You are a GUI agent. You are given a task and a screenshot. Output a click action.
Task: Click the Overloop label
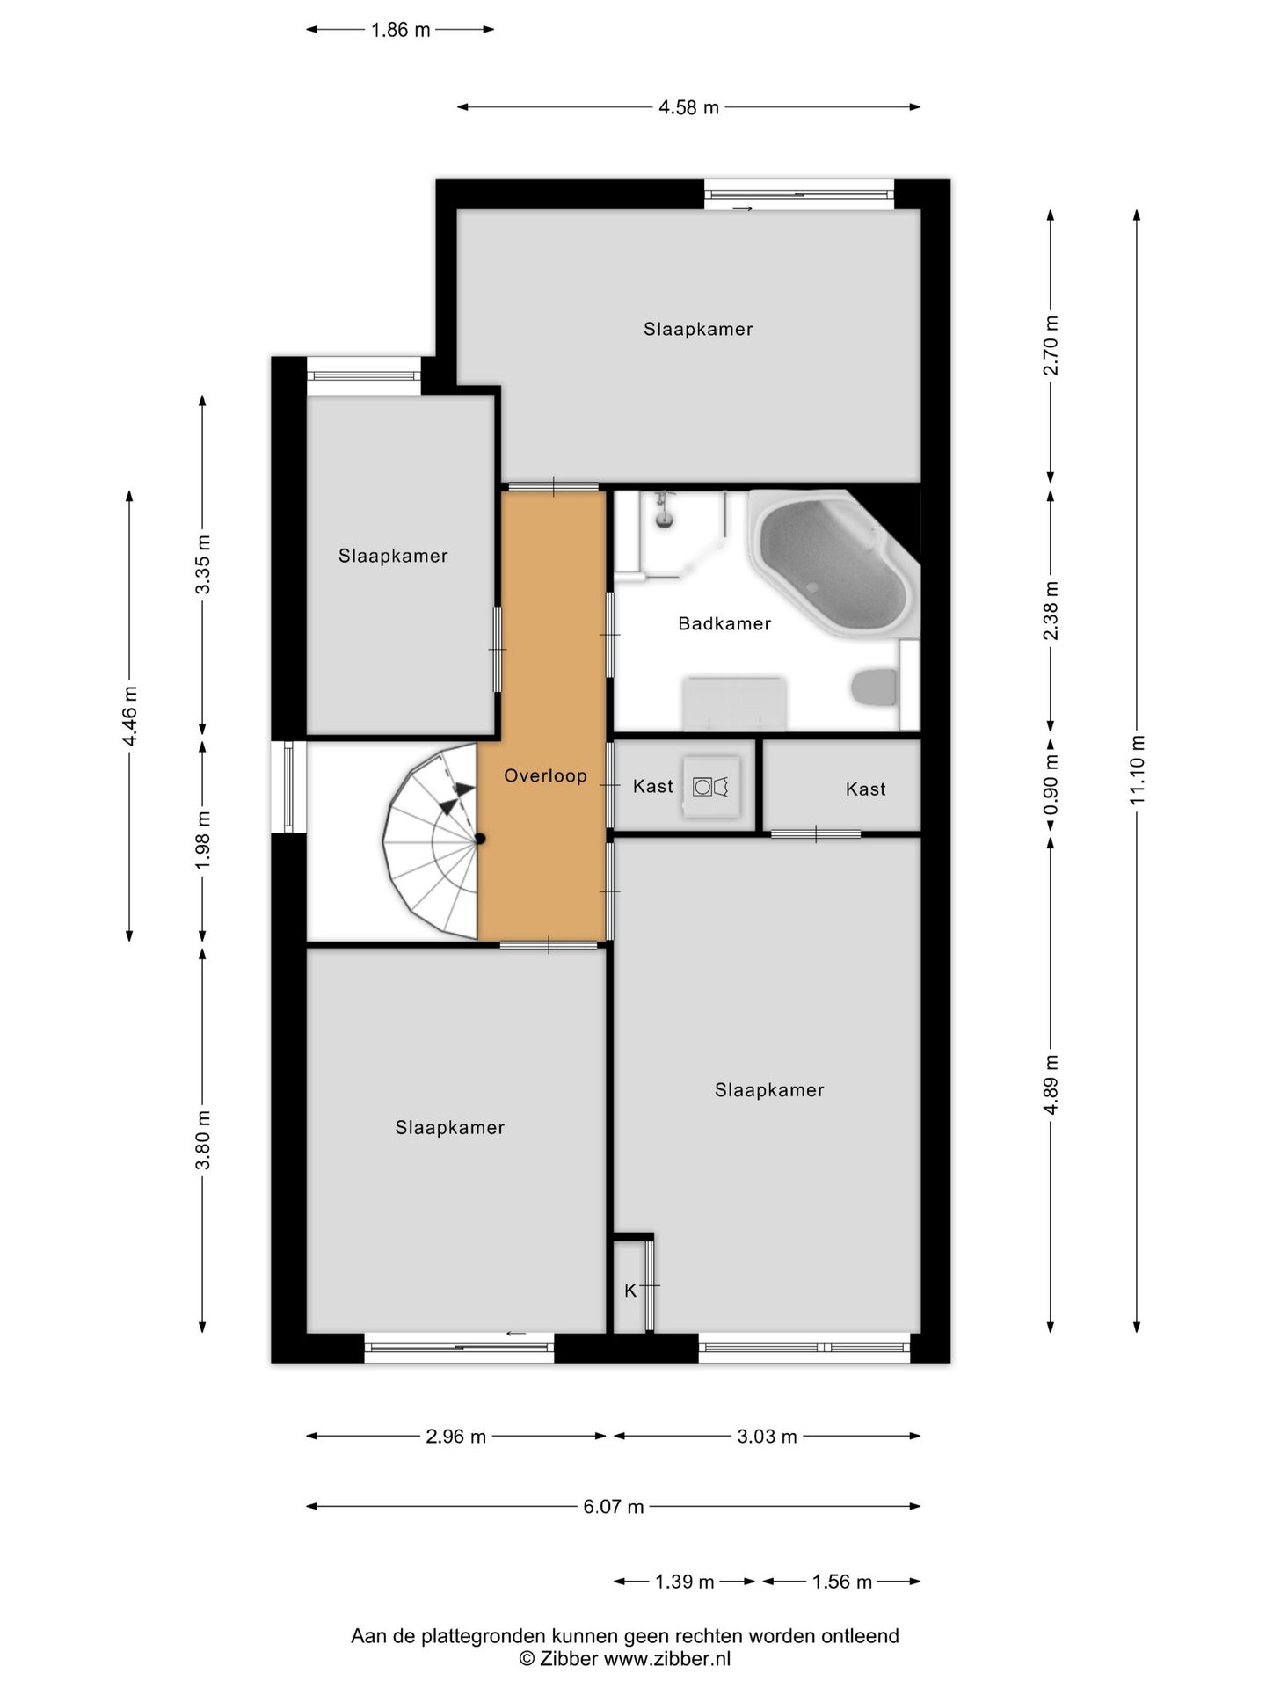(x=545, y=775)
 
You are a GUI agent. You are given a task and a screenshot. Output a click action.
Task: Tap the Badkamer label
(x=724, y=623)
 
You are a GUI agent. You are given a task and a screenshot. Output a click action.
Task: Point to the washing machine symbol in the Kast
(x=711, y=786)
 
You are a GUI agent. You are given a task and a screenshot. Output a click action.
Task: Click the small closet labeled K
(x=632, y=1284)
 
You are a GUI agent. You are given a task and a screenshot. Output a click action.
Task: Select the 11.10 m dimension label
(x=1138, y=769)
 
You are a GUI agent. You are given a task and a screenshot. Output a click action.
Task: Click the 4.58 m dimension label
(x=689, y=107)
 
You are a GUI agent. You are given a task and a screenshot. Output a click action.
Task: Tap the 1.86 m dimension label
(x=401, y=30)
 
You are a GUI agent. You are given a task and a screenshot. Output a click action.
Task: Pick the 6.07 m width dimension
(x=614, y=1506)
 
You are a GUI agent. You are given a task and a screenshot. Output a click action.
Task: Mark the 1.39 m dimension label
(x=685, y=1582)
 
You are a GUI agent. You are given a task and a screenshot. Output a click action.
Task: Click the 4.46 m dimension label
(x=130, y=716)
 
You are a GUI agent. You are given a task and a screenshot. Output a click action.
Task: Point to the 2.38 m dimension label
(x=1051, y=610)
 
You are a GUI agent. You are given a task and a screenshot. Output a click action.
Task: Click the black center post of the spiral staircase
(x=480, y=839)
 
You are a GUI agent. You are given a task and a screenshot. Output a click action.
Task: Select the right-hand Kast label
(x=865, y=789)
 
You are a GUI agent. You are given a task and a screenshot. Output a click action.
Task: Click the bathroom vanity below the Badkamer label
(x=735, y=703)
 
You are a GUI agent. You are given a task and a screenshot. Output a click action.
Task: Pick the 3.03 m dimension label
(x=767, y=1436)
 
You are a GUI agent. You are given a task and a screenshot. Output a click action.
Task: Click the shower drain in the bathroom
(x=666, y=520)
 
